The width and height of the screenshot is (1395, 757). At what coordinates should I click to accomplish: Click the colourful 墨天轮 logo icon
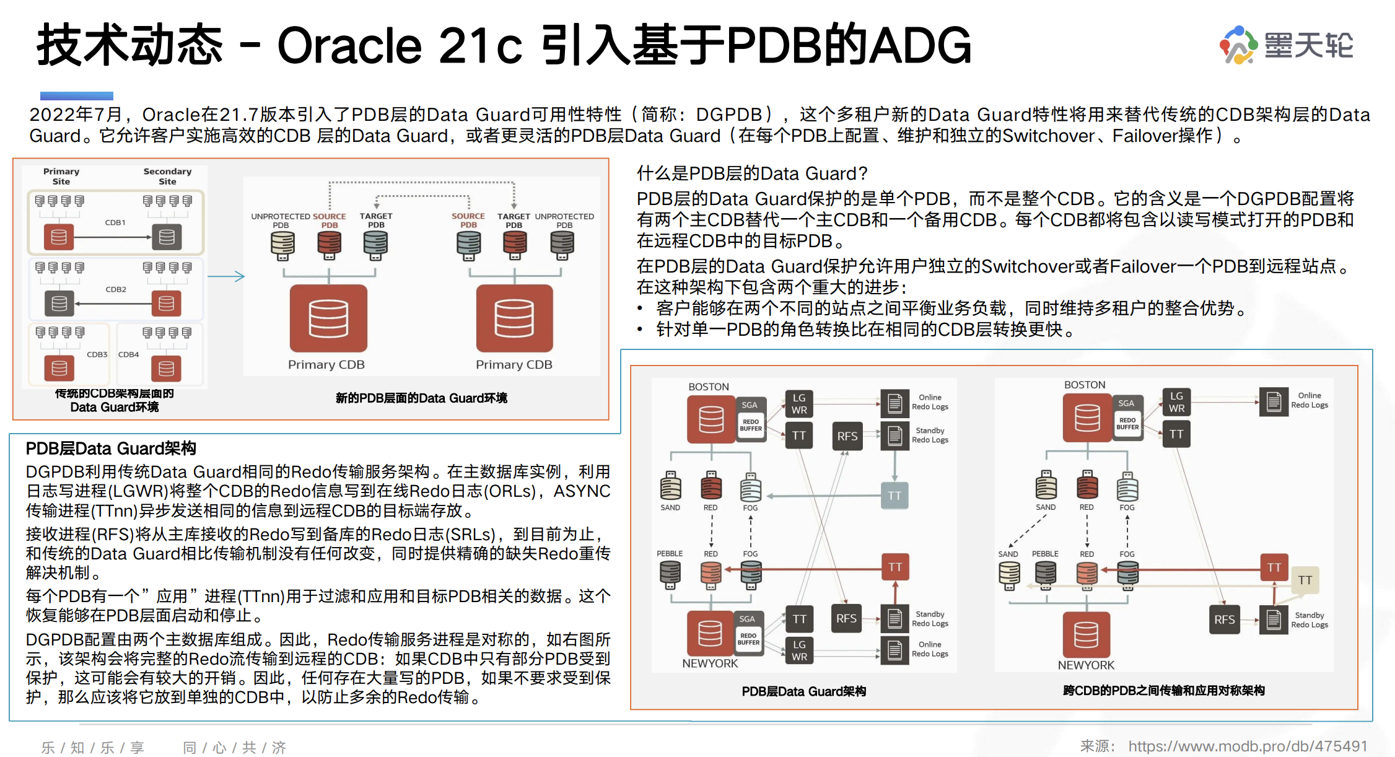tap(1238, 45)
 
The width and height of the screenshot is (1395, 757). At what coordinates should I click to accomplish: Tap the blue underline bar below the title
tap(76, 96)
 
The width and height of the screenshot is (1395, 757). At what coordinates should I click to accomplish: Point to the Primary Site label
tap(61, 177)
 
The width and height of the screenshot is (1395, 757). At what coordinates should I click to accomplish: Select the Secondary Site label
tap(167, 177)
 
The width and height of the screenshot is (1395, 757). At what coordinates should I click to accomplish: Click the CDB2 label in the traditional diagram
tap(116, 289)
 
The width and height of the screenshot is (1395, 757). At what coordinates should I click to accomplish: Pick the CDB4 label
tap(128, 354)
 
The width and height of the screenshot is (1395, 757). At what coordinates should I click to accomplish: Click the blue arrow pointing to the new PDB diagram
tap(225, 276)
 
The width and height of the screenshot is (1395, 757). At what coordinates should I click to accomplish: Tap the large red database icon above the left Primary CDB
tap(328, 318)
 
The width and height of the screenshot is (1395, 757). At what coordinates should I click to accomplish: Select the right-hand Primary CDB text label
tap(514, 365)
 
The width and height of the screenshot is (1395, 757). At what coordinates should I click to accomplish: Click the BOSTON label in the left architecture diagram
tap(709, 387)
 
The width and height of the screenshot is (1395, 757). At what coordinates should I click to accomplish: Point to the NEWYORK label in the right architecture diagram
tap(1085, 665)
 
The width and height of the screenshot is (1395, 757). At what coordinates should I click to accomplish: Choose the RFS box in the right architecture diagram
tap(1224, 619)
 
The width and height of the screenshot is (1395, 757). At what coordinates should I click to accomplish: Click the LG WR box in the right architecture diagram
tap(1176, 403)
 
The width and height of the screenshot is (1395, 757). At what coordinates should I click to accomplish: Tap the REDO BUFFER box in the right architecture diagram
tap(1127, 424)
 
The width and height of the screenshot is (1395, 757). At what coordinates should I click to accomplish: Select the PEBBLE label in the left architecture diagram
tap(670, 553)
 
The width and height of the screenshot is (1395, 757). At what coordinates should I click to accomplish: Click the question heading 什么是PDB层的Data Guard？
tap(752, 173)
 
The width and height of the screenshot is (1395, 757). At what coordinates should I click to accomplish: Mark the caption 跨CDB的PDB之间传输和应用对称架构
tap(1163, 690)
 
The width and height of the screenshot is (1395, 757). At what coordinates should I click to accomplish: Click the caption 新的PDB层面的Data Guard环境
tap(421, 398)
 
